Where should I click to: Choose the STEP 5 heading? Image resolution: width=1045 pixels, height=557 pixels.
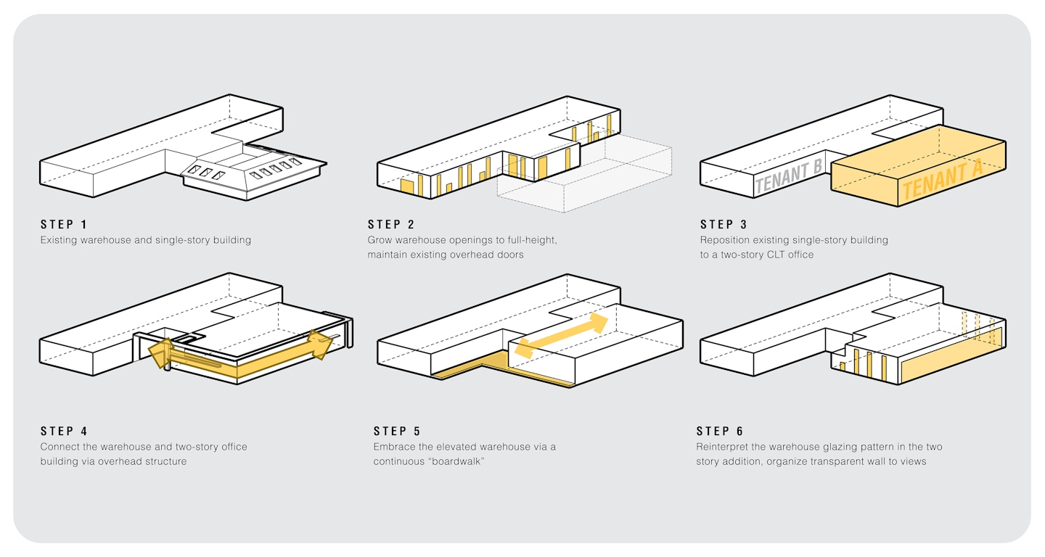coord(396,432)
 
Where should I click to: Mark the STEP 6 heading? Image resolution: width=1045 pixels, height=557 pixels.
coord(719,432)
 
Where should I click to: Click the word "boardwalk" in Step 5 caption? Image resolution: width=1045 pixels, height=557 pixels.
coord(454,461)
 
